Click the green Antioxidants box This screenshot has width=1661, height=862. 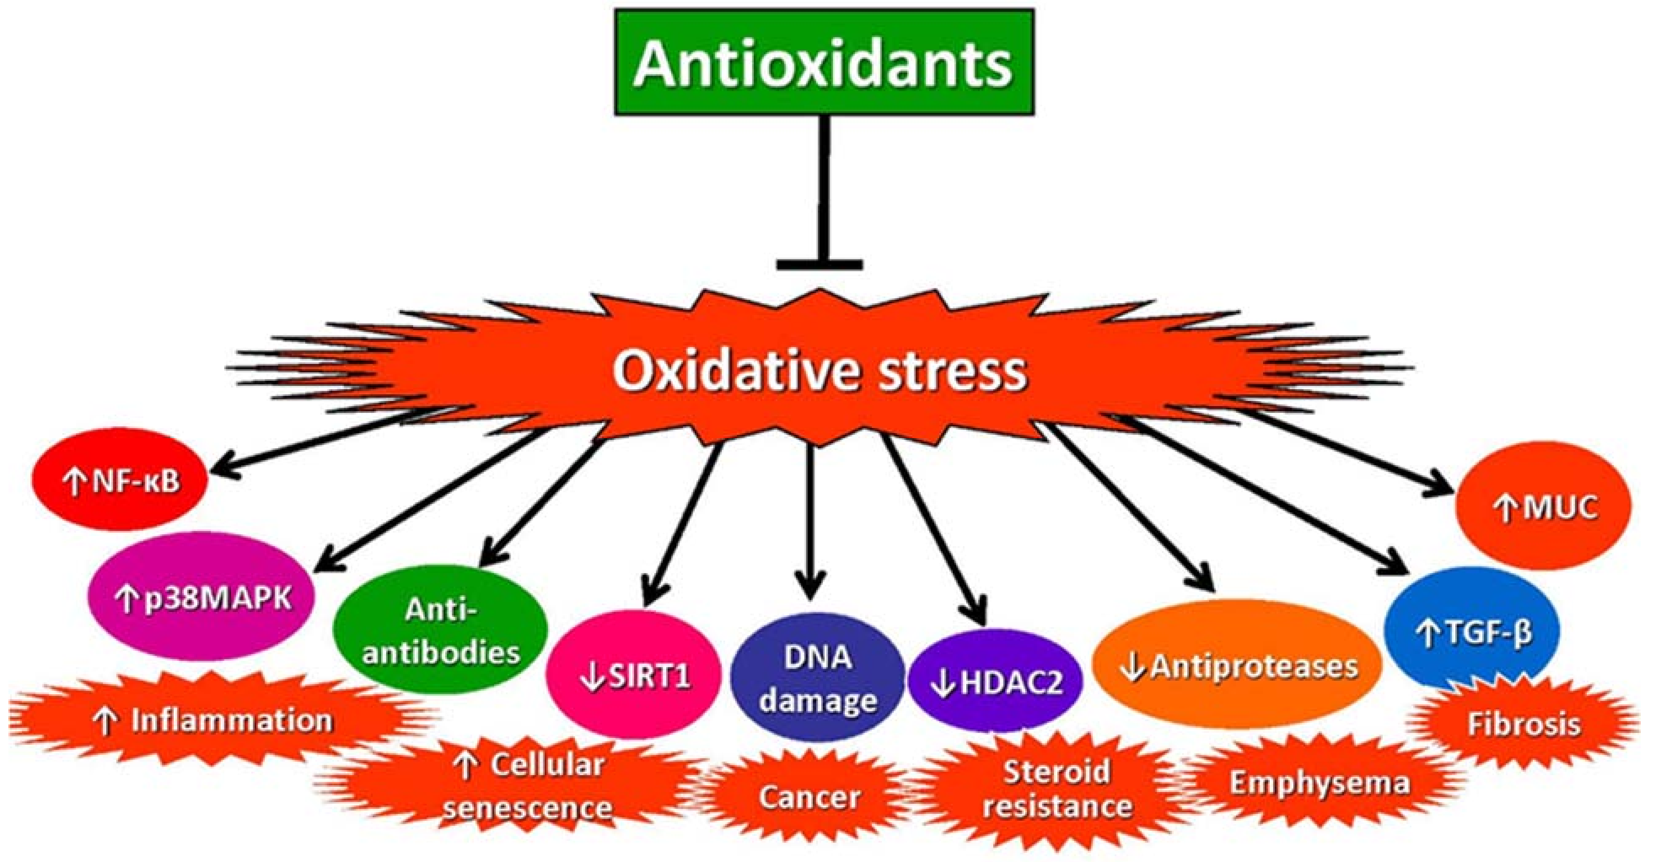click(x=824, y=62)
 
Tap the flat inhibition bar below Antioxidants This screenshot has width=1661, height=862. click(x=819, y=264)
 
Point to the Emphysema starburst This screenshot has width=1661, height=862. click(x=1319, y=783)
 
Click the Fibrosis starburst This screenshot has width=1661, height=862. click(x=1523, y=724)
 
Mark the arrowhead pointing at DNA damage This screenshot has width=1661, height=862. click(x=811, y=590)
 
